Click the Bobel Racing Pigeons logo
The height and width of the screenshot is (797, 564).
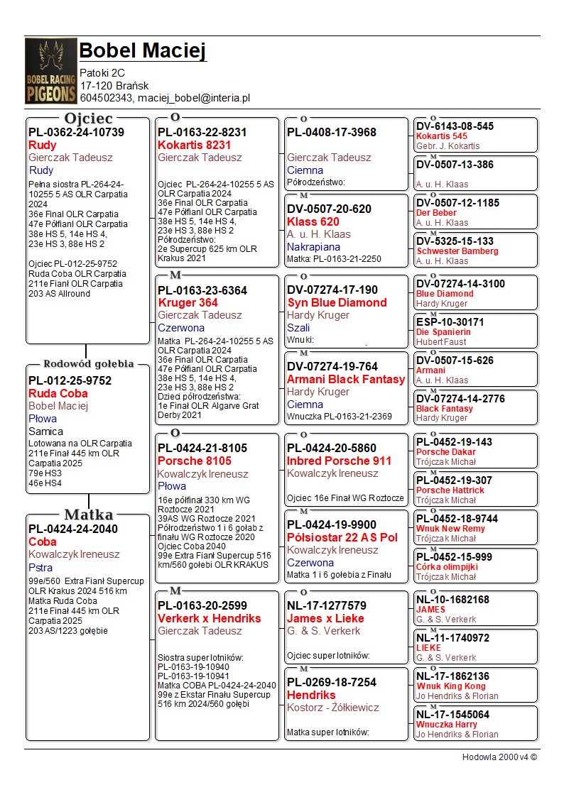pyautogui.click(x=50, y=71)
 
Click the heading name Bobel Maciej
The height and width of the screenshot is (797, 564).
pyautogui.click(x=142, y=51)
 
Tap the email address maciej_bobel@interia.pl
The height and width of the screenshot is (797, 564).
pyautogui.click(x=194, y=98)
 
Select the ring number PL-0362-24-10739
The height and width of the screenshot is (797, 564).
pyautogui.click(x=76, y=132)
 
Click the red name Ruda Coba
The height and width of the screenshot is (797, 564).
pyautogui.click(x=58, y=393)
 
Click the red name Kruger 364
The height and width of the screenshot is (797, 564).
pyautogui.click(x=188, y=303)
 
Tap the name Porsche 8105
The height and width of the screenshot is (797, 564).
pyautogui.click(x=195, y=461)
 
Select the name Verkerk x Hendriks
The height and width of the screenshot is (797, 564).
pyautogui.click(x=210, y=618)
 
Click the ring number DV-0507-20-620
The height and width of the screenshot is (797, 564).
pyautogui.click(x=329, y=209)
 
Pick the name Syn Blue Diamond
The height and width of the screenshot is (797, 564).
pyautogui.click(x=337, y=302)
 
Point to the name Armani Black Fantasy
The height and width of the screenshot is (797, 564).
pyautogui.click(x=346, y=379)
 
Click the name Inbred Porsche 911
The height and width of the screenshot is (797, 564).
pyautogui.click(x=339, y=461)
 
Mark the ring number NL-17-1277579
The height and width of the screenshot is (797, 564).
pyautogui.click(x=327, y=605)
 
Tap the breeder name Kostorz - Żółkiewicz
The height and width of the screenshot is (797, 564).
pyautogui.click(x=333, y=708)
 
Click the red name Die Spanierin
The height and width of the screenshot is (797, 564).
pyautogui.click(x=443, y=332)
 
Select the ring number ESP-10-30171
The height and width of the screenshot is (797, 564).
pyautogui.click(x=450, y=322)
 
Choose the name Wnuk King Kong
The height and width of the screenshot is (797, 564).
pyautogui.click(x=450, y=686)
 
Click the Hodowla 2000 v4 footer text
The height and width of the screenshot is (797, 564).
pyautogui.click(x=499, y=757)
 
